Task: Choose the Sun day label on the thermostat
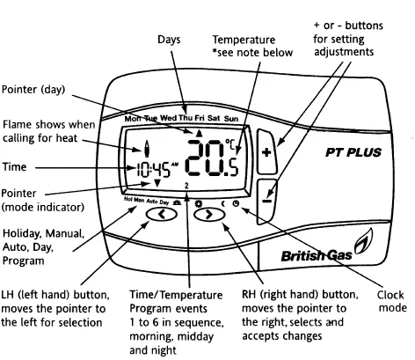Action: point(231,117)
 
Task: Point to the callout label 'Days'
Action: point(170,40)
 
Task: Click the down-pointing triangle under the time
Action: point(157,183)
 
